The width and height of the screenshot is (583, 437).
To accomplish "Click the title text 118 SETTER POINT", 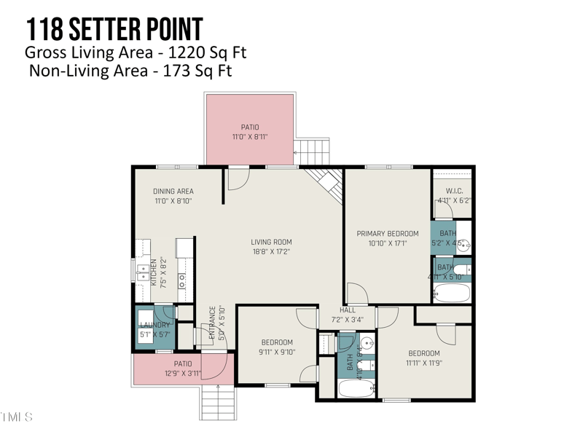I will click(x=114, y=29).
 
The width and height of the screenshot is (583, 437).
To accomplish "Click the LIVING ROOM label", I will click(x=271, y=243).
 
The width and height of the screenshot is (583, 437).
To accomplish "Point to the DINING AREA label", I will click(x=173, y=192).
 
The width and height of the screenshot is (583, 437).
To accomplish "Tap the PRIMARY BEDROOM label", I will click(x=382, y=234).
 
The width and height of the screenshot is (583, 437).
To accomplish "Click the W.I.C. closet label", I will click(x=454, y=192).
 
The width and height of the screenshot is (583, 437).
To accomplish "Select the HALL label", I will click(x=347, y=309).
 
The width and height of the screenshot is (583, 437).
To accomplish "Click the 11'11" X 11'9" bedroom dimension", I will click(x=424, y=363).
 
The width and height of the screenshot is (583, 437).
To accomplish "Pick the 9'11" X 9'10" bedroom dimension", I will click(x=277, y=352).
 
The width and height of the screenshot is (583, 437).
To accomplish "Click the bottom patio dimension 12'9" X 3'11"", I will click(x=182, y=374).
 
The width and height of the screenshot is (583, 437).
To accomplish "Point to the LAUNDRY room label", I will click(x=154, y=325).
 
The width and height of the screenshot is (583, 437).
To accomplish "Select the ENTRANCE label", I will click(x=213, y=322).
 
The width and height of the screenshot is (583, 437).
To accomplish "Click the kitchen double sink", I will click(x=144, y=272).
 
